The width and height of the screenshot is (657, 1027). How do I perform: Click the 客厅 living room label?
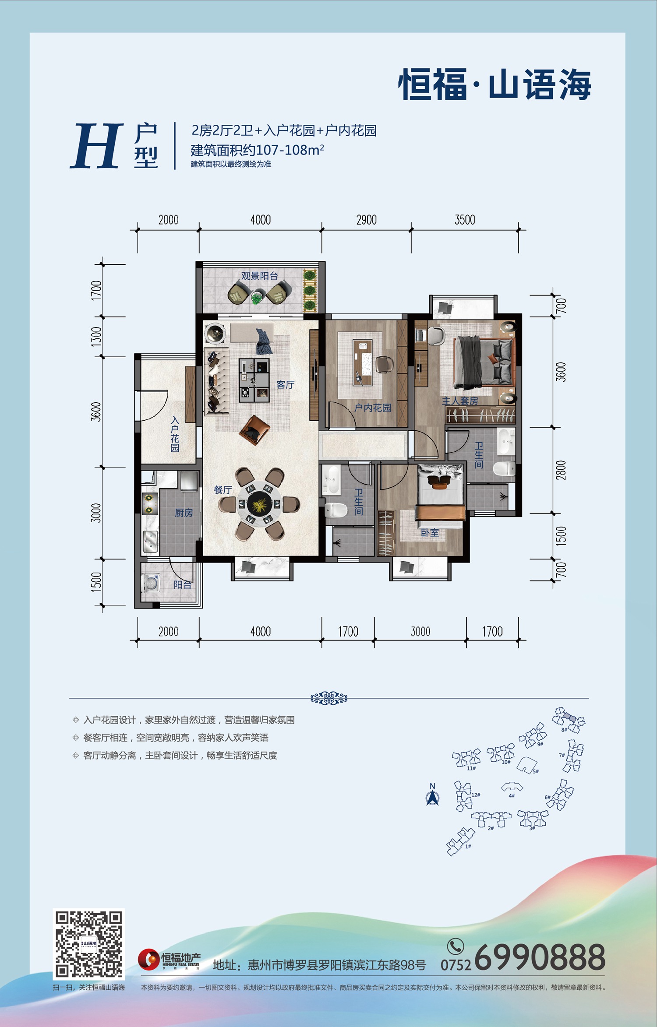pos(285,385)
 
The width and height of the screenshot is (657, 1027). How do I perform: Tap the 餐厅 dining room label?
pos(223,490)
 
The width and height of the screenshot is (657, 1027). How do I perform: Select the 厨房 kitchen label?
pos(184,513)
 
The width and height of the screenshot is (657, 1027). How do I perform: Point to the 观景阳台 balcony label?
pos(260,276)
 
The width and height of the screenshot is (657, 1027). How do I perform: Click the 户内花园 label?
pos(373,408)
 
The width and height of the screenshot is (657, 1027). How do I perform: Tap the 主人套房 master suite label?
pos(460,401)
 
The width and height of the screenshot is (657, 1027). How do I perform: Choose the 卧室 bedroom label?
pos(430,532)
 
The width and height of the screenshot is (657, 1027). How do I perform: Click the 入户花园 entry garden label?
pos(175,434)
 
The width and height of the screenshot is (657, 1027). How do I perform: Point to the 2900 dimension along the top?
pos(366,220)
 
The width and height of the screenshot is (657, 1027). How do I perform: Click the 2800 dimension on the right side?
pos(561,470)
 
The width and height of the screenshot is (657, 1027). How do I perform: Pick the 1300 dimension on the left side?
pos(96,336)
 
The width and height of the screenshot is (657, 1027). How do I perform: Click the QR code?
pos(89,944)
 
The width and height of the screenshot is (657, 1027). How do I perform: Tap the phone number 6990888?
pos(540,957)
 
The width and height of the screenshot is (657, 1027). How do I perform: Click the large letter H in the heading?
pos(96,145)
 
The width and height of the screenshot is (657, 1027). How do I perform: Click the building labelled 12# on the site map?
pos(463,796)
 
